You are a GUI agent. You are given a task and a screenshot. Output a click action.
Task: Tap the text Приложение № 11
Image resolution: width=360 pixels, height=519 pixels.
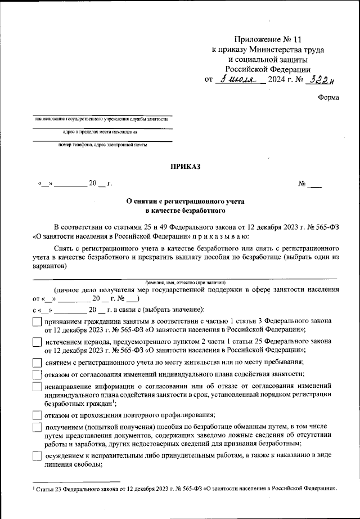(263, 40)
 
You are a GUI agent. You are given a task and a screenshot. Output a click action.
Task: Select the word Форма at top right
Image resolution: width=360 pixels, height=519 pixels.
(328, 97)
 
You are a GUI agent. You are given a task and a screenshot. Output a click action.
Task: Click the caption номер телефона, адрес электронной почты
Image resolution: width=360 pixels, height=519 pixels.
(102, 145)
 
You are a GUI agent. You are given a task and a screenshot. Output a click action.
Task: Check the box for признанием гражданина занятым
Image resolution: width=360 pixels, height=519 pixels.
(37, 322)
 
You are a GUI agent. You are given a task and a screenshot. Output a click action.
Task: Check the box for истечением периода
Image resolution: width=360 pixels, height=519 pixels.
(37, 343)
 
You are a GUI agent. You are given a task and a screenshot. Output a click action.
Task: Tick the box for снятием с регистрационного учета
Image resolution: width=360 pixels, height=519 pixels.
(37, 363)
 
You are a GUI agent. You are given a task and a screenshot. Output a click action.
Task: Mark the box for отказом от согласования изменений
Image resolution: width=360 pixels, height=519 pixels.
(37, 374)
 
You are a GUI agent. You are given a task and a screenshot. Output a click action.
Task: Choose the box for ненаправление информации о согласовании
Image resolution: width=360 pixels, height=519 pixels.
(37, 387)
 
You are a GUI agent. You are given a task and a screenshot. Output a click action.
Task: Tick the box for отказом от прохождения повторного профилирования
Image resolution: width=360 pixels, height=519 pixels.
(37, 415)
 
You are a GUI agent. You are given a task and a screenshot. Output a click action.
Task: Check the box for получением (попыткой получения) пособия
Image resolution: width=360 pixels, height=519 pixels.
(37, 428)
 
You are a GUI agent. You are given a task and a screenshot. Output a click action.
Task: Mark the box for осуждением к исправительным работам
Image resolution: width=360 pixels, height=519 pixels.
(37, 457)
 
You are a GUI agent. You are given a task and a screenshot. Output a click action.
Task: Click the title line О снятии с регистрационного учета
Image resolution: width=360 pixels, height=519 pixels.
(185, 201)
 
